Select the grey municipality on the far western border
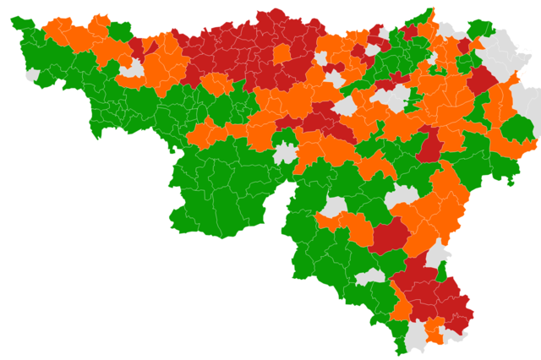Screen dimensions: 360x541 click(x=33, y=75)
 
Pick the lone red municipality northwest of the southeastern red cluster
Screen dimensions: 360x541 click(x=388, y=236)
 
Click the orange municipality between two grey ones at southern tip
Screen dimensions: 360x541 click(x=434, y=330)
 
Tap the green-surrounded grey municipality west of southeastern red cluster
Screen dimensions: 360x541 click(x=370, y=277)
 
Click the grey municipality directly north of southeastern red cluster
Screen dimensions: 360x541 click(x=438, y=253)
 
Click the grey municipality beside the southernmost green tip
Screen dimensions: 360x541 click(x=417, y=337)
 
